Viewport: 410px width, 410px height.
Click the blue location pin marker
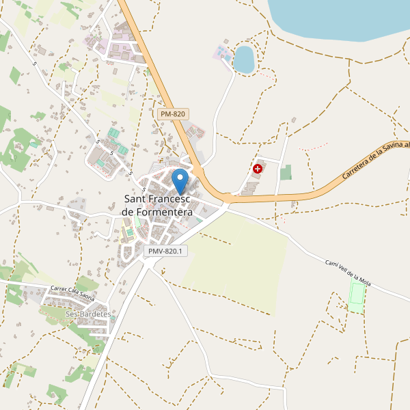pos(180,181)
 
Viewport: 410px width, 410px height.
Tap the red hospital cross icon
pos(258,168)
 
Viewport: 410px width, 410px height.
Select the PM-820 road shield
pos(172,114)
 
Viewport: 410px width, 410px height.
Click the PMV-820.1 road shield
pos(166,251)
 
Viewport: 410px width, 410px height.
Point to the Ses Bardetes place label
pos(88,314)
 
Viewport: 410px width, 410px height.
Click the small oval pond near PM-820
pos(244,59)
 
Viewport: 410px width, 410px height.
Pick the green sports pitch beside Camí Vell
pos(357,295)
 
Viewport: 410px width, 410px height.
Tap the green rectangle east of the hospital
pos(286,172)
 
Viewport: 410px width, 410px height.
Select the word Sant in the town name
pos(135,199)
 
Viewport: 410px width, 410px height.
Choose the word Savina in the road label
pos(392,150)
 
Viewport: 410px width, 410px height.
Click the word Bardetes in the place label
pos(95,314)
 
